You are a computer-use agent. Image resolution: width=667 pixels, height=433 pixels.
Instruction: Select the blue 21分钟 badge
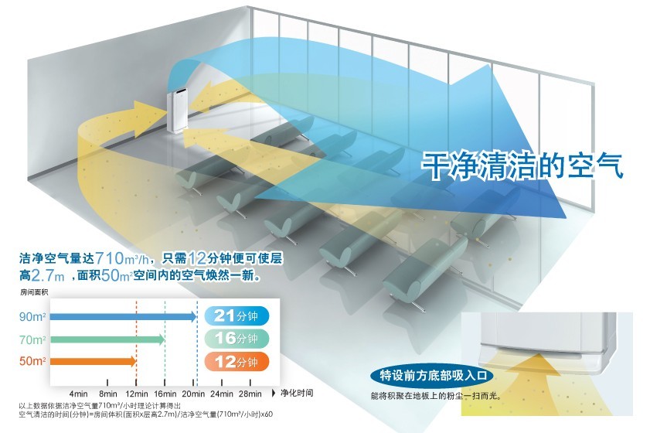pyautogui.click(x=237, y=316)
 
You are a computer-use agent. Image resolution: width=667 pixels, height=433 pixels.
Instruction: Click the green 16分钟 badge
pyautogui.click(x=237, y=339)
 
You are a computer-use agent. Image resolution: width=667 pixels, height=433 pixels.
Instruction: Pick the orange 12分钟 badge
pyautogui.click(x=237, y=361)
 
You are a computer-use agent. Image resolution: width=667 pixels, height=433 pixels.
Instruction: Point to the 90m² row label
pyautogui.click(x=33, y=316)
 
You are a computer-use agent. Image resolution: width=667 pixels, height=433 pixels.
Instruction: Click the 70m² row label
pyautogui.click(x=33, y=339)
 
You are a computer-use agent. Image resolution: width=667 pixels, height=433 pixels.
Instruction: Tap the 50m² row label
pyautogui.click(x=33, y=361)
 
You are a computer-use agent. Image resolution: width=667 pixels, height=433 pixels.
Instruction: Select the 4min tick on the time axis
pyautogui.click(x=79, y=393)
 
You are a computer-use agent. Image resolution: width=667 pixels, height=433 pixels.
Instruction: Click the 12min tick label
pyautogui.click(x=135, y=393)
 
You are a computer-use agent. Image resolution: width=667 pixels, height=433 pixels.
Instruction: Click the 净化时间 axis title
pyautogui.click(x=297, y=393)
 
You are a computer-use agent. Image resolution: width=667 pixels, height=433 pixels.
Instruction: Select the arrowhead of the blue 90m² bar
pyautogui.click(x=193, y=316)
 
